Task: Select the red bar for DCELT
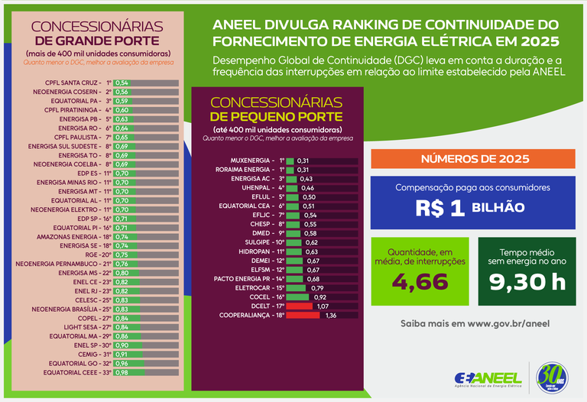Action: click(x=300, y=305)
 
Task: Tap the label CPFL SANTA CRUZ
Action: click(x=73, y=83)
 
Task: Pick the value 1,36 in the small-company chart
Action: click(x=331, y=314)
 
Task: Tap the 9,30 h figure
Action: click(x=527, y=283)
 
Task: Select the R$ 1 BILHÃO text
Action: click(x=472, y=208)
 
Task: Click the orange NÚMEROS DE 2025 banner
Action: click(x=472, y=159)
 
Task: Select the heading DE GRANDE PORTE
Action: click(x=97, y=40)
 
